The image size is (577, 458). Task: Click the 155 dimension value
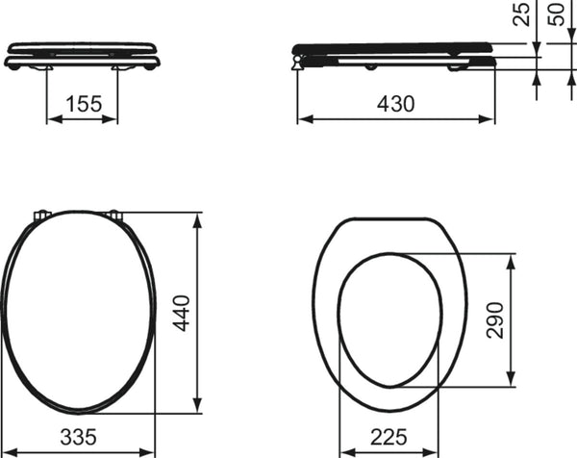tap(84, 104)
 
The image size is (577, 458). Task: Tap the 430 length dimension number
tap(395, 104)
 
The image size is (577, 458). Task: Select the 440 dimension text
tap(182, 314)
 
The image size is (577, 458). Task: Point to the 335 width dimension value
tap(79, 437)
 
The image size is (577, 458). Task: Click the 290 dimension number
tap(494, 320)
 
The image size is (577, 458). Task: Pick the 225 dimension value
tap(389, 437)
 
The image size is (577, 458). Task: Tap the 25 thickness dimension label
tap(521, 14)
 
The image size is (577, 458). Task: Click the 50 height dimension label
tap(557, 14)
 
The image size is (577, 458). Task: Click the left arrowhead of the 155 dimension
tap(55, 119)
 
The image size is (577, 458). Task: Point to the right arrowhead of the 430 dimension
tap(487, 119)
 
